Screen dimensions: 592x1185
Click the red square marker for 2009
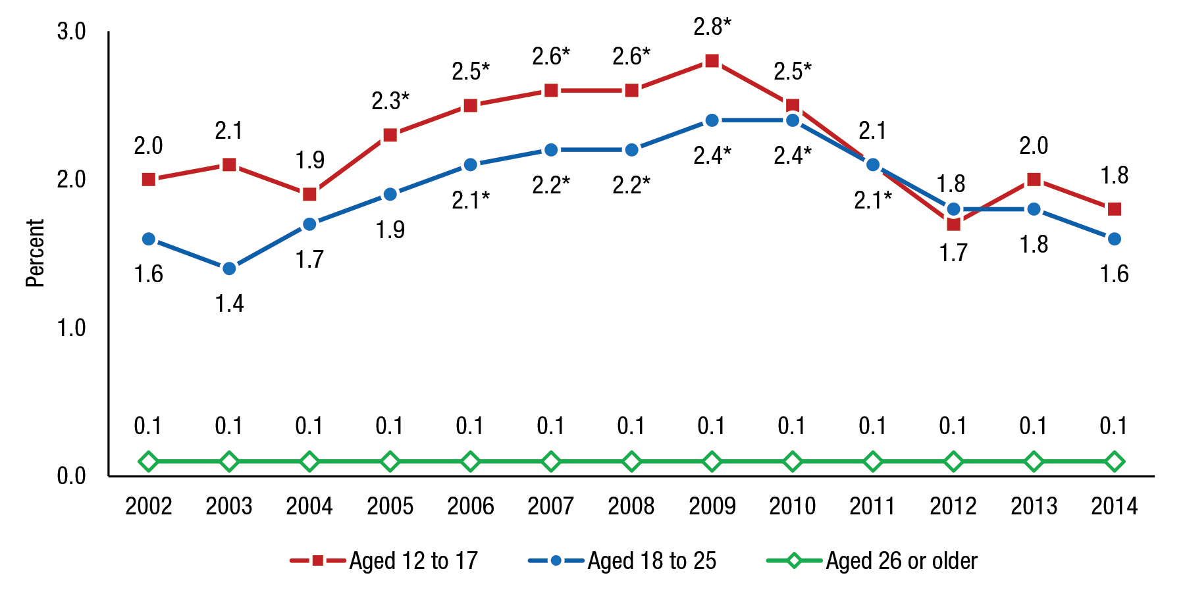(712, 61)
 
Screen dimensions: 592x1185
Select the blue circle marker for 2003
(229, 268)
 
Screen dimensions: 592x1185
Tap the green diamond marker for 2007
(551, 462)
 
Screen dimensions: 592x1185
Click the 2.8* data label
(712, 26)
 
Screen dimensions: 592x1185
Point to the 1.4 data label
(229, 303)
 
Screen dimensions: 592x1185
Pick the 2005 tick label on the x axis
(390, 506)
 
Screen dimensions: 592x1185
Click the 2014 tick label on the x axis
(1114, 506)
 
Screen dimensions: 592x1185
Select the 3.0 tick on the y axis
(71, 32)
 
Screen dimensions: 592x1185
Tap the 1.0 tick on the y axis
(71, 328)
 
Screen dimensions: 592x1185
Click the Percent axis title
(34, 253)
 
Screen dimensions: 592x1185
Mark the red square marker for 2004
(309, 194)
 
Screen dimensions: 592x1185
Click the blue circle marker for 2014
(1114, 239)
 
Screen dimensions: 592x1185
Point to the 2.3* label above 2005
(390, 101)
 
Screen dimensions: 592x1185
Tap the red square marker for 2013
(1034, 180)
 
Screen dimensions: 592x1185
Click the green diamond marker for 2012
(953, 462)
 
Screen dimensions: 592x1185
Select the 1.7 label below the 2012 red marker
(953, 253)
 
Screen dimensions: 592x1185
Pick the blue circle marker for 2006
(470, 164)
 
